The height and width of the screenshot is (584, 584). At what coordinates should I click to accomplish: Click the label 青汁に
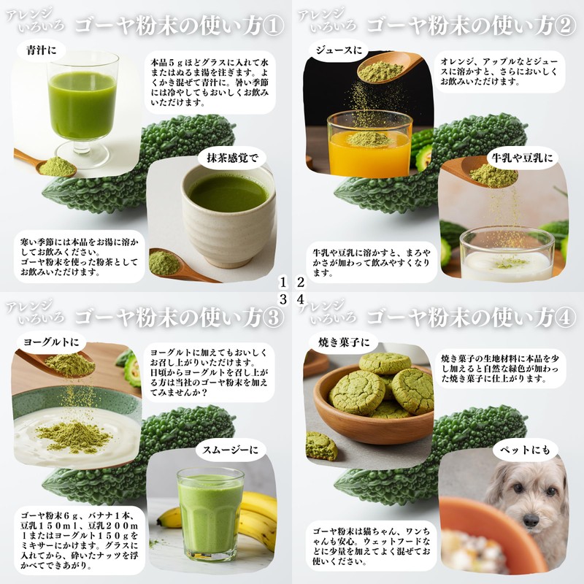pos(42,50)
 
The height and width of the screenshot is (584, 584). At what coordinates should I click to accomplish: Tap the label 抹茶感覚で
pos(232,158)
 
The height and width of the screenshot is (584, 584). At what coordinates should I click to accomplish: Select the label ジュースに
pos(339,50)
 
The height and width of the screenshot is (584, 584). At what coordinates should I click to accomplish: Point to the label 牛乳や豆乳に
pos(523,158)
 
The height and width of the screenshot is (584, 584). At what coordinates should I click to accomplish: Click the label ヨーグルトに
pos(51,342)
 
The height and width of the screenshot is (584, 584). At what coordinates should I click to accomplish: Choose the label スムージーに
pos(231,450)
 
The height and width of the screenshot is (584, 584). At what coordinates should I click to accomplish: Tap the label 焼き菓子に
pos(344,342)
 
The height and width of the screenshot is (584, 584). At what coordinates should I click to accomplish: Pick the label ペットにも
pos(525,450)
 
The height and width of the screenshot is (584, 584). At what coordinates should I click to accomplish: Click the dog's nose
pos(531,520)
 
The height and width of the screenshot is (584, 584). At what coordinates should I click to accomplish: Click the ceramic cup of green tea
pos(228,216)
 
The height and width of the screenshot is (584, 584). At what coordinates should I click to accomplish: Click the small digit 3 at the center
pos(283,299)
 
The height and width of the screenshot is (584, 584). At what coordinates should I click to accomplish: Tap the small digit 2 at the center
pos(300,283)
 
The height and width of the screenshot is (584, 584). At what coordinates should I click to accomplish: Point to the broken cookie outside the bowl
pos(321,445)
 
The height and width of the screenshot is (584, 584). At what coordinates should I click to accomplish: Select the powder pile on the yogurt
pos(74,436)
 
